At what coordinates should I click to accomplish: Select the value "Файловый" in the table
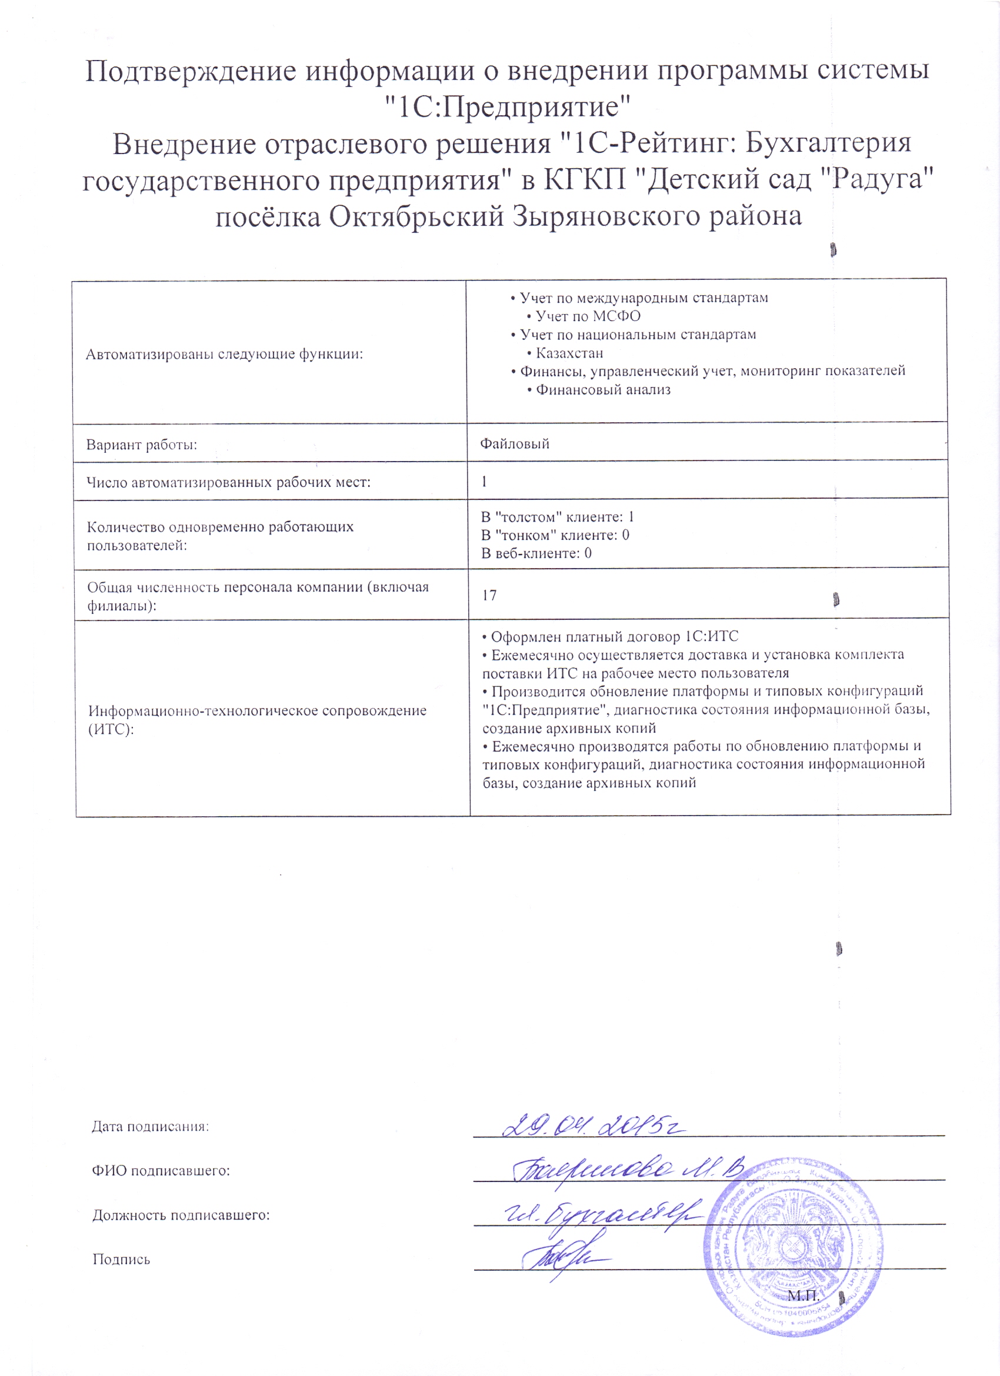coord(515,443)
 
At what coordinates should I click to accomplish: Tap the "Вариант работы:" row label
coord(141,445)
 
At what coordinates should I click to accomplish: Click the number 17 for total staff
coord(489,595)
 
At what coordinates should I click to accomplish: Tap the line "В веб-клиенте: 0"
coord(536,553)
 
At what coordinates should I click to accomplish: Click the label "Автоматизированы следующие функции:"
coord(224,355)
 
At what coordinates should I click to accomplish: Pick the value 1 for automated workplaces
coord(484,482)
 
